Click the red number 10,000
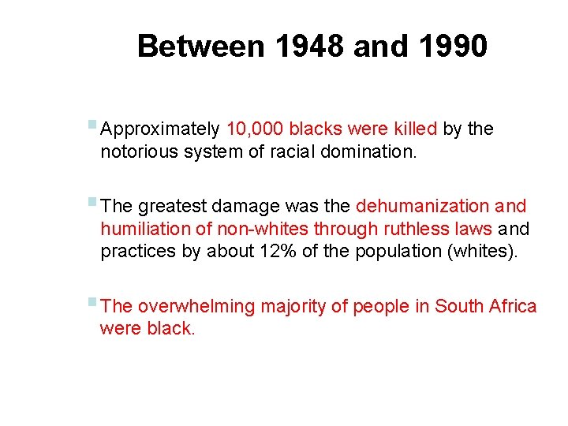[x=255, y=129]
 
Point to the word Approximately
[x=161, y=129]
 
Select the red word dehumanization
[x=423, y=207]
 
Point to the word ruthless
[x=416, y=229]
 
